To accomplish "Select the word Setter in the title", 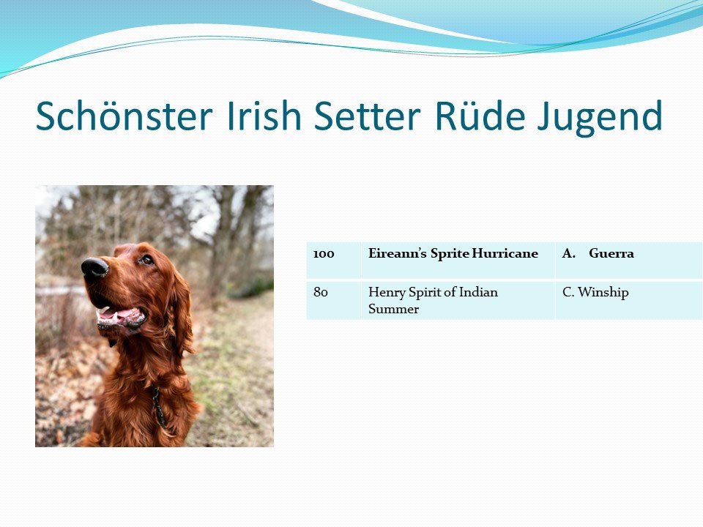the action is [x=367, y=116].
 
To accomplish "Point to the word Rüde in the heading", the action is [x=480, y=115].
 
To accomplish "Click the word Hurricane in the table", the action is [x=505, y=254].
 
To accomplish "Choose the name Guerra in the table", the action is [x=611, y=254].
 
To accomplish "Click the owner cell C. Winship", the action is [x=595, y=293].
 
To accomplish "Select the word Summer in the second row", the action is [x=393, y=309].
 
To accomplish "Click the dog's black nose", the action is [x=94, y=268].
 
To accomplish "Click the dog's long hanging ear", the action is [x=182, y=309].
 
